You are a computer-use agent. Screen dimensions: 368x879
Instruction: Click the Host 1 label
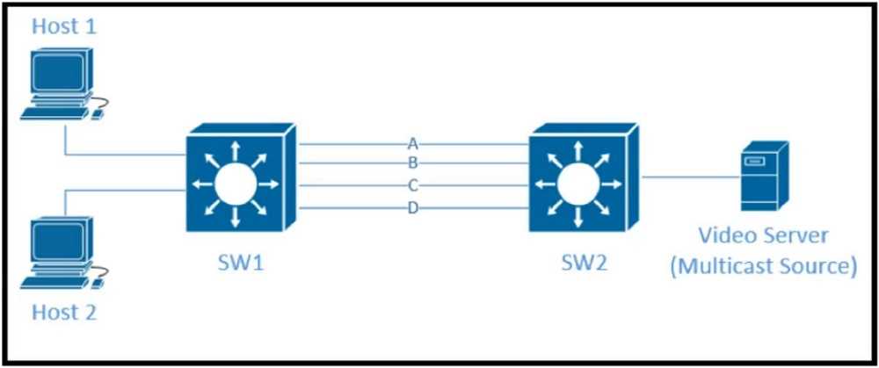pyautogui.click(x=64, y=26)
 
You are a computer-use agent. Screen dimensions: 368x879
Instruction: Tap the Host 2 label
pyautogui.click(x=64, y=312)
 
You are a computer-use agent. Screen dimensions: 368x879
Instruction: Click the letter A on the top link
pyautogui.click(x=412, y=143)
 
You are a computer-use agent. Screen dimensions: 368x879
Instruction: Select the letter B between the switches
pyautogui.click(x=412, y=162)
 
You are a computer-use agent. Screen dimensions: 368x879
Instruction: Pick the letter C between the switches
pyautogui.click(x=412, y=185)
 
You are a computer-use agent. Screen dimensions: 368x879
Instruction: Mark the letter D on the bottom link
pyautogui.click(x=412, y=207)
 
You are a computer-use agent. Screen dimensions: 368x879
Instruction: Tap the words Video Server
pyautogui.click(x=763, y=236)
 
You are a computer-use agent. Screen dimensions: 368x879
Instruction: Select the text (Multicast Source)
pyautogui.click(x=763, y=265)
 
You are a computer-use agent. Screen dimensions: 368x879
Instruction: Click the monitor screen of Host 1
pyautogui.click(x=57, y=74)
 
